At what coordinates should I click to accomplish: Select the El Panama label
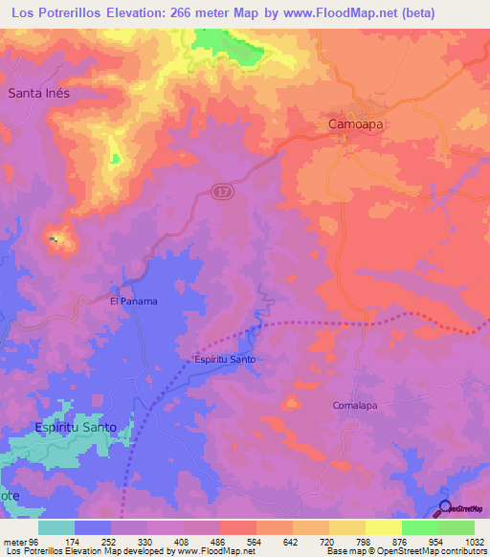tap(133, 301)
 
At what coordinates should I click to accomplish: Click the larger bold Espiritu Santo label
tap(76, 427)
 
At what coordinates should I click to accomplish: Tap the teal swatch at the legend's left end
tap(56, 527)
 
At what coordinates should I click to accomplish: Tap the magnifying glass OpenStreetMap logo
tap(446, 508)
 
